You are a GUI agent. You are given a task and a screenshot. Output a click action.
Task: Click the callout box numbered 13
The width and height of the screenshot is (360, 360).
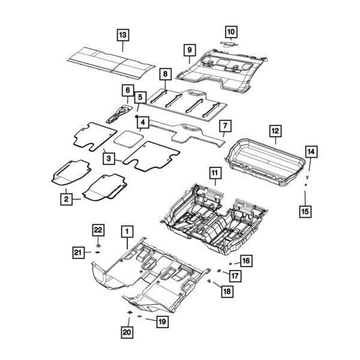122,34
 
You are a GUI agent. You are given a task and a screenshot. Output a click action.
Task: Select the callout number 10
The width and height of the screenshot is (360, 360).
231,31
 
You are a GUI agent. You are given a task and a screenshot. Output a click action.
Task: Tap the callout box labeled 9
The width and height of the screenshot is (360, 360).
188,49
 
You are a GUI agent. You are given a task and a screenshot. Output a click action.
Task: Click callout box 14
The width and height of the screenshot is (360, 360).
310,152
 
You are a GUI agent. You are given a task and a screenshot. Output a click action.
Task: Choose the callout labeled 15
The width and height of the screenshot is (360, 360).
305,211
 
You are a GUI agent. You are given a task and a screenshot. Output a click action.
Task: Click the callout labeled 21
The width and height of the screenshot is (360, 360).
78,253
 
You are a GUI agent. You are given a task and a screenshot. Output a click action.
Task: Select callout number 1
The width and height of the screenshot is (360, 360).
127,230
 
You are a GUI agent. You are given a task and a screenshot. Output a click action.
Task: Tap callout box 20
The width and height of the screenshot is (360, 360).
127,330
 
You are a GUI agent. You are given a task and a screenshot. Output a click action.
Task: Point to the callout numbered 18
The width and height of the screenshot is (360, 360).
226,291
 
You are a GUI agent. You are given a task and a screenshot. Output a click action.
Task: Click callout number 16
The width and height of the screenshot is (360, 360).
246,260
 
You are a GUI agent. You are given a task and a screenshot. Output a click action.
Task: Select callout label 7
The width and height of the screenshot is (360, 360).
225,126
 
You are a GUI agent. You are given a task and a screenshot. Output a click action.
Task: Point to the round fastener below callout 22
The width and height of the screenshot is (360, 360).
98,245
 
